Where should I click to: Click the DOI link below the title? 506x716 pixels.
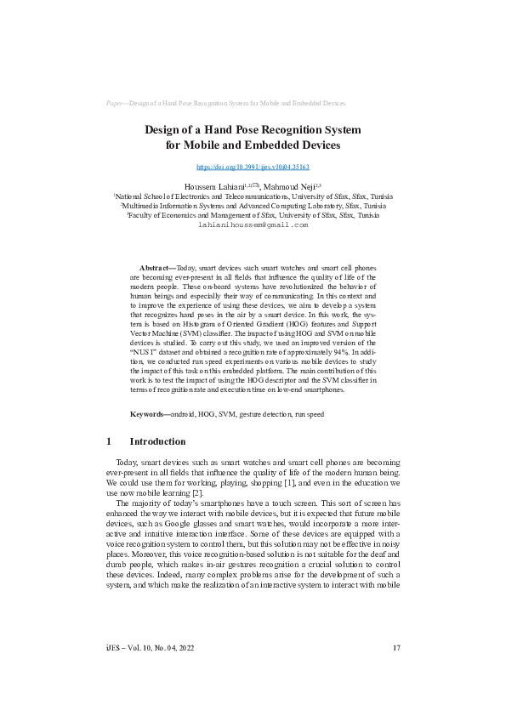253,168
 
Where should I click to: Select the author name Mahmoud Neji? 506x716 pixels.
288,185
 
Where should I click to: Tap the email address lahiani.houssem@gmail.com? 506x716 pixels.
253,226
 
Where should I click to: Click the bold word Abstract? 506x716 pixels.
156,267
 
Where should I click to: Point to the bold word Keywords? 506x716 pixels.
149,414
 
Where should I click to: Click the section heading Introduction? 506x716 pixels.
157,442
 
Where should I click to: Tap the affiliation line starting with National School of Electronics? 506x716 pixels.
253,195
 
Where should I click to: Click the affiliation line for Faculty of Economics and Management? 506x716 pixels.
253,216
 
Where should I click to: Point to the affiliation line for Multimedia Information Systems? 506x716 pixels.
253,206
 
